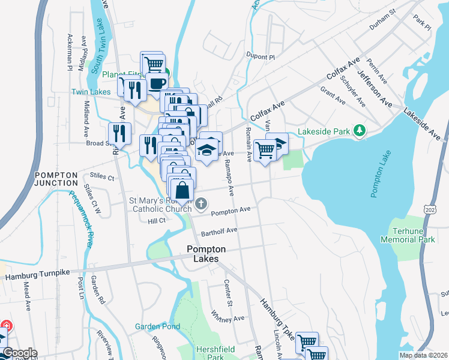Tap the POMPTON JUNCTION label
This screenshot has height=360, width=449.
(x=56, y=179)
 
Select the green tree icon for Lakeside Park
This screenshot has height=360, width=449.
(x=359, y=130)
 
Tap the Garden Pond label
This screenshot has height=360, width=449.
(x=157, y=326)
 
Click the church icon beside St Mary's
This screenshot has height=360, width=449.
(x=200, y=205)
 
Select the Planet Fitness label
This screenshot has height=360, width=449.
(x=123, y=74)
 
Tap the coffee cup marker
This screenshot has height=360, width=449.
(x=157, y=83)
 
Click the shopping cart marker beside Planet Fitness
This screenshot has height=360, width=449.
(x=152, y=62)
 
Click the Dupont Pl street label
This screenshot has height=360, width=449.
(x=260, y=57)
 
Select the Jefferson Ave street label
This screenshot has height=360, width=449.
(x=375, y=90)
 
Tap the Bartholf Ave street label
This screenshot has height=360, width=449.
(x=219, y=231)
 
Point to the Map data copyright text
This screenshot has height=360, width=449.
(x=423, y=355)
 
